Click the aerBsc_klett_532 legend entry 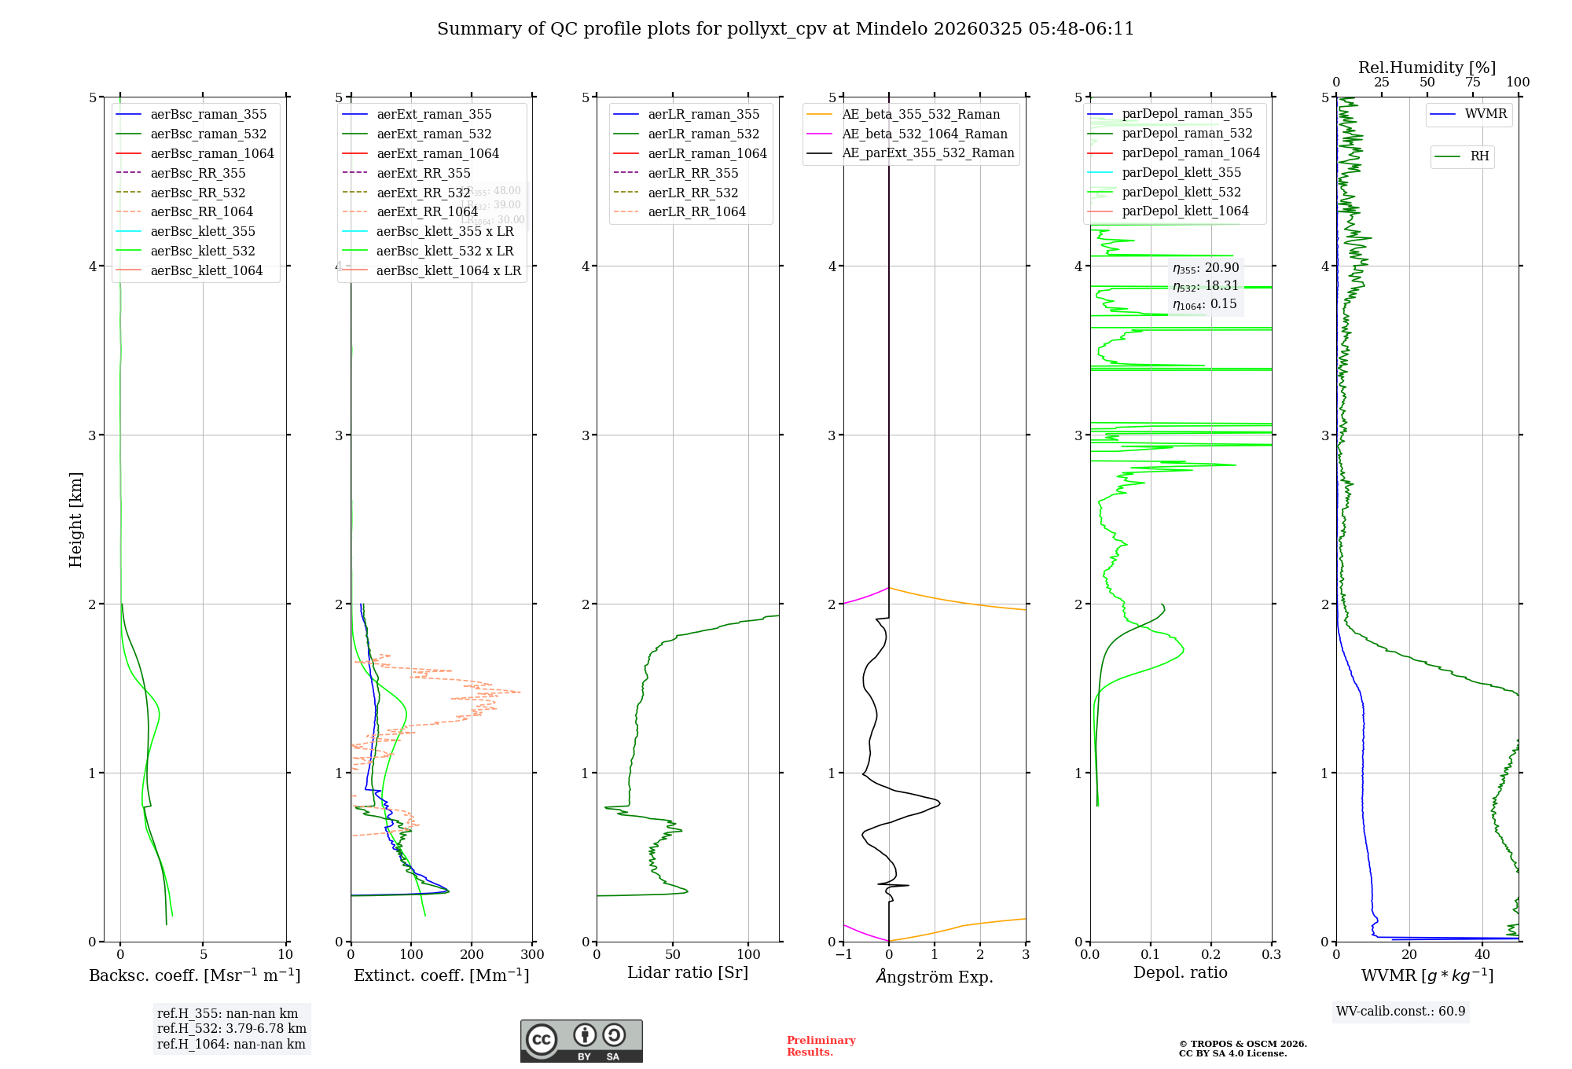202,251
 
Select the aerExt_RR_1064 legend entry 427,211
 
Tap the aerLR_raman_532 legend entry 703,134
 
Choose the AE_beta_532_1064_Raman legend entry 924,134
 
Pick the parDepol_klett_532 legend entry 1181,192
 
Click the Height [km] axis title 75,520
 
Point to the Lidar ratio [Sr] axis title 688,972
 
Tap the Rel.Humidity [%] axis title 1427,68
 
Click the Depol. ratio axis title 1180,972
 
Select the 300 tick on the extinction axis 533,955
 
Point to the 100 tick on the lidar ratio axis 748,955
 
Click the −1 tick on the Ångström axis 844,955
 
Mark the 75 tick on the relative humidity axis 1472,83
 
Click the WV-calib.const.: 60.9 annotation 1401,1012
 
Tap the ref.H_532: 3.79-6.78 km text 232,1029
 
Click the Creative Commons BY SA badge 581,1041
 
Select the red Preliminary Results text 821,1046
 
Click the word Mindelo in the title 891,29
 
